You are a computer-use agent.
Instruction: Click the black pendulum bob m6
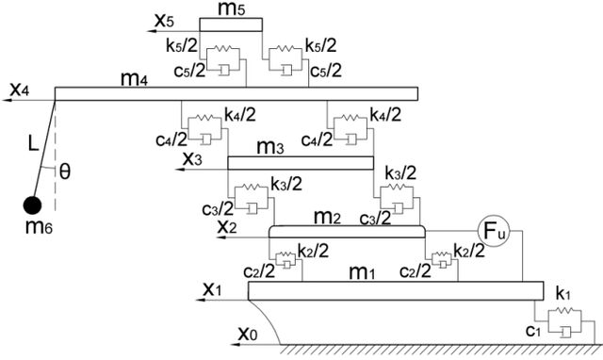[x=32, y=205]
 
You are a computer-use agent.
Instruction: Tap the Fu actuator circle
[x=494, y=231]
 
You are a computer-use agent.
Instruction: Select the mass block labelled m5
[x=231, y=25]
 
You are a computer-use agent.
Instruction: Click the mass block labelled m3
[x=301, y=163]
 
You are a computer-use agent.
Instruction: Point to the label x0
[x=247, y=334]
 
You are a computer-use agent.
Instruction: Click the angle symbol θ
[x=65, y=172]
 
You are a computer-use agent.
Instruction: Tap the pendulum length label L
[x=34, y=143]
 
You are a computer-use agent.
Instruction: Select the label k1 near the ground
[x=563, y=293]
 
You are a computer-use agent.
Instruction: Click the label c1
[x=533, y=330]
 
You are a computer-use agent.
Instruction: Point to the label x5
[x=164, y=20]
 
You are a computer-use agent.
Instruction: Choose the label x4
[x=20, y=90]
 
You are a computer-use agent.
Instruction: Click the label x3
[x=192, y=158]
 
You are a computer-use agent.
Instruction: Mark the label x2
[x=227, y=226]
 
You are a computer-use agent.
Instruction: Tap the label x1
[x=212, y=289]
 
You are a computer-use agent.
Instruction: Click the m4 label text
[x=134, y=79]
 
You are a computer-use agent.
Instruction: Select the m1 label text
[x=362, y=272]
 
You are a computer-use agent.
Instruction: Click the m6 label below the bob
[x=39, y=227]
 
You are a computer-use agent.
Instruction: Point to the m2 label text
[x=327, y=218]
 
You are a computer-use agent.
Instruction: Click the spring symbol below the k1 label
[x=564, y=310]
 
